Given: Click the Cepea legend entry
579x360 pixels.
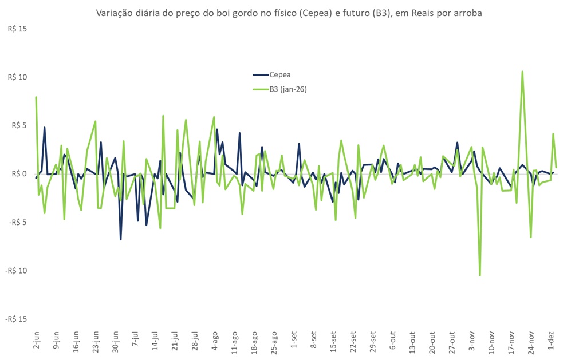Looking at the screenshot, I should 280,74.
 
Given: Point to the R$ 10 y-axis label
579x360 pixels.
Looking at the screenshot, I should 17,77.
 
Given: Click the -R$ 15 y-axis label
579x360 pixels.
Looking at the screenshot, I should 16,319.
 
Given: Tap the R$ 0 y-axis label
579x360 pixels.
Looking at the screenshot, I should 19,174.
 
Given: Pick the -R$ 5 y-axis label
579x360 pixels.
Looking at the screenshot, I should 18,222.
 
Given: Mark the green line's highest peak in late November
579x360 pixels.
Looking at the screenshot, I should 522,72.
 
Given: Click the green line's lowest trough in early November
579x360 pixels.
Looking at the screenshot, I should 480,275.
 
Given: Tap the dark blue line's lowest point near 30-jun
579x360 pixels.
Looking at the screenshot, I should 120,239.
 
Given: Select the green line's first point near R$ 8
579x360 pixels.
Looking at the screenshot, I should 36,97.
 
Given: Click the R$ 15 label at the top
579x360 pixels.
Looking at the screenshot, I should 17,29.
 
